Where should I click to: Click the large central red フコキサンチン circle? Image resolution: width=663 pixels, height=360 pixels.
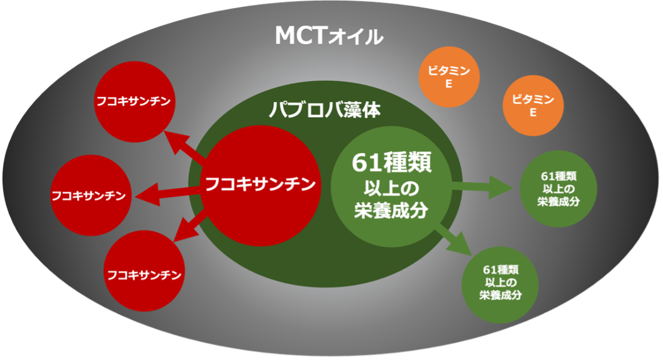point(258,184)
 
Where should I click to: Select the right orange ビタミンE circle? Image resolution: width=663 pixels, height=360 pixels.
point(533,106)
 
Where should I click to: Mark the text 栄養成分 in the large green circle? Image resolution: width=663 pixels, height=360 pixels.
point(391,210)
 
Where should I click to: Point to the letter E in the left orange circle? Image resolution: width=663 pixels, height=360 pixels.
point(449,84)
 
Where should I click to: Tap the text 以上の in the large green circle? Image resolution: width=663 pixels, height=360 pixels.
point(391,188)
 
